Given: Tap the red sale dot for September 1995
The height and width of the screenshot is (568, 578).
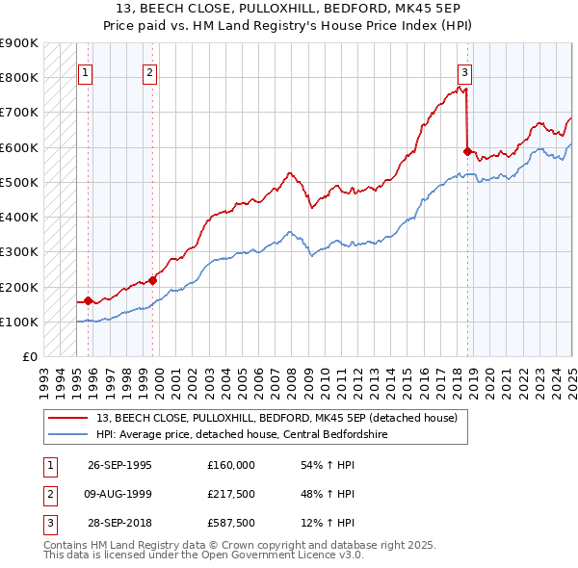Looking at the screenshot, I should tap(88, 300).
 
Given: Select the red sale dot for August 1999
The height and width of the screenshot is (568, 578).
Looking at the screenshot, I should tap(152, 280).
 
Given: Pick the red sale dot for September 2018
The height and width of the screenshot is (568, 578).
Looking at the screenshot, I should tap(467, 151).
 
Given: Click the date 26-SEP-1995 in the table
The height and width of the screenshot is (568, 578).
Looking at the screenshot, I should tap(119, 465).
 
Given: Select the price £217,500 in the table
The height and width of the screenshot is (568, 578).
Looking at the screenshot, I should tap(230, 494).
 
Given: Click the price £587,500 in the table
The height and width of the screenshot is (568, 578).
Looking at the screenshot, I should tap(230, 523).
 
